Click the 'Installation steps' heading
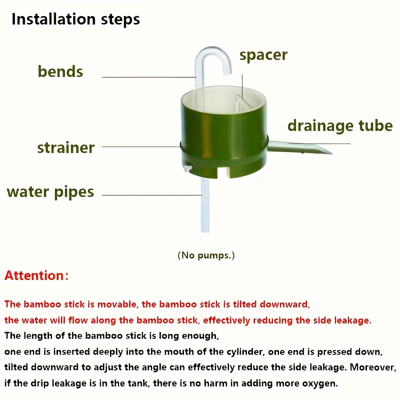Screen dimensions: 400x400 coord(75,19)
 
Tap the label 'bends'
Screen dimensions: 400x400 coord(60,71)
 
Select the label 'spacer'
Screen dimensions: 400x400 coord(263,54)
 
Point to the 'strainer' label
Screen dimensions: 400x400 coord(65,147)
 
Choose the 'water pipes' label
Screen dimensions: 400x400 coord(50,191)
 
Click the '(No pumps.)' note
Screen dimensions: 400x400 coord(206,255)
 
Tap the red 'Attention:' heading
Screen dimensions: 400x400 coord(36,275)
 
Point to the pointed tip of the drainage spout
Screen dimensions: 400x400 coord(327,151)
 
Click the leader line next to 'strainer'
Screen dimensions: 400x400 coord(140,146)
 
